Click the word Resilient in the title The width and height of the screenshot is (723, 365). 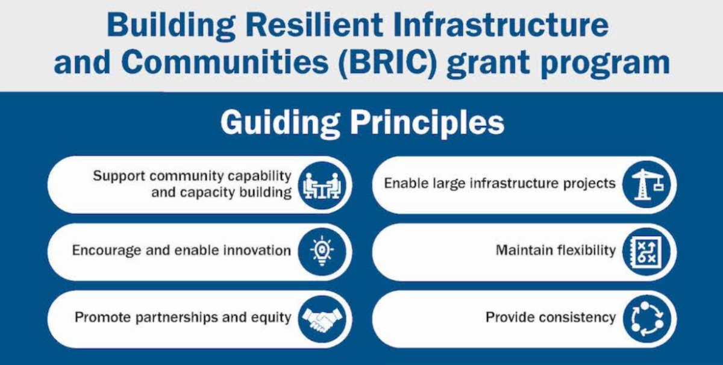tap(314, 25)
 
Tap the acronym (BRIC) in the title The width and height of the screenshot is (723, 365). tap(387, 62)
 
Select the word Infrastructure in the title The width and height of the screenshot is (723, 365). tap(501, 25)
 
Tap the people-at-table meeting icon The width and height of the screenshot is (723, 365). tap(322, 186)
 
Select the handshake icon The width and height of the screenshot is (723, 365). tap(322, 319)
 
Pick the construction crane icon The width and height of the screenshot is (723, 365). tap(646, 184)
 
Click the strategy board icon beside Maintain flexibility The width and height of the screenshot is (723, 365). tap(646, 252)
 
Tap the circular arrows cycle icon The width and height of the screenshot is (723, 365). tap(646, 319)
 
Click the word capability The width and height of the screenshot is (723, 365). tap(260, 176)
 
